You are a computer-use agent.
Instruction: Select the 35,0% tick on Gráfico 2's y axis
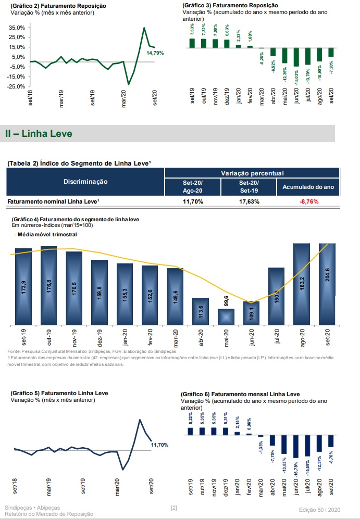17,27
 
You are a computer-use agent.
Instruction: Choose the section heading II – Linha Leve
39,134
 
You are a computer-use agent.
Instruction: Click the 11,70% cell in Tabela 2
193,201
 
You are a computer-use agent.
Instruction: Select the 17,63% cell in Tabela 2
249,201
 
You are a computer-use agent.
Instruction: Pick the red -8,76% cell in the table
308,201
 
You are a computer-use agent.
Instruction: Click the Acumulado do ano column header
308,186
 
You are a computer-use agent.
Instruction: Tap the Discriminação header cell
85,182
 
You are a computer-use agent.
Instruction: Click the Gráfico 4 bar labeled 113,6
201,311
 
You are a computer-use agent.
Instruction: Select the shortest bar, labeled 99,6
226,317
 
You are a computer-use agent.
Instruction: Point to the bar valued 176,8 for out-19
49,285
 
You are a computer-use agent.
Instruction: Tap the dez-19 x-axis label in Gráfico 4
100,338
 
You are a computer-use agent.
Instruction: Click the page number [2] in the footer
174,507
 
